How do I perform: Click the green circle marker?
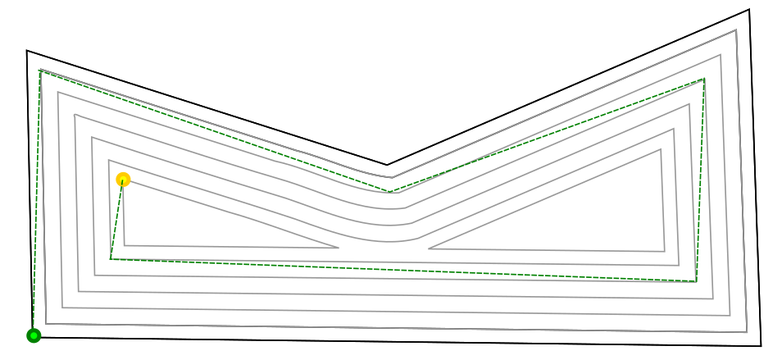tap(34, 335)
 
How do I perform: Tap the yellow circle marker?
tap(123, 180)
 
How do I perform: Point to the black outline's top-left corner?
tap(27, 51)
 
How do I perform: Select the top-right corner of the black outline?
tap(748, 10)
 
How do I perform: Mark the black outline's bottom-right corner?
tap(761, 346)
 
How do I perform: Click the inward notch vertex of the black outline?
tap(388, 165)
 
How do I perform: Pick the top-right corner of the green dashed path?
tap(704, 80)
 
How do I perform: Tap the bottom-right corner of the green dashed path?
tap(696, 281)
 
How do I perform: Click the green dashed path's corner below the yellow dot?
tap(111, 259)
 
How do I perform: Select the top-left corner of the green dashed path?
tap(39, 71)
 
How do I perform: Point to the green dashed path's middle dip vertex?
tap(389, 192)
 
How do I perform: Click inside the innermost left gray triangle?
tap(189, 226)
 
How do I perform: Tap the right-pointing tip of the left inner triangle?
tap(338, 248)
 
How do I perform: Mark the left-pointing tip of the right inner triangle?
tap(429, 248)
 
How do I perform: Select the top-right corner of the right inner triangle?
tap(661, 149)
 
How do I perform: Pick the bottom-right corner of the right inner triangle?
tap(664, 251)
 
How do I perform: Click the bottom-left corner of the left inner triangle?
tap(125, 245)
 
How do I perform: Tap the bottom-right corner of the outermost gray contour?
tap(747, 332)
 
